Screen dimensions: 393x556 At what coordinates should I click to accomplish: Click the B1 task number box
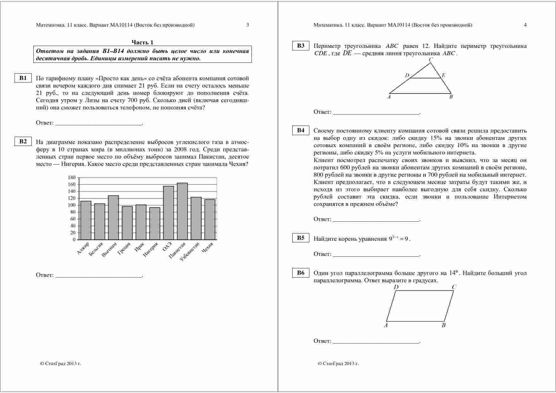23,78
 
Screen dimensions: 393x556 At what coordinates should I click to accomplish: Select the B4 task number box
301,130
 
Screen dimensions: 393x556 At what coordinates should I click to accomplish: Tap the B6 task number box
301,273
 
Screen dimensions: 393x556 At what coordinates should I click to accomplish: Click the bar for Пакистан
182,211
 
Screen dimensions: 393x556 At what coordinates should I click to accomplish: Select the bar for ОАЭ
168,213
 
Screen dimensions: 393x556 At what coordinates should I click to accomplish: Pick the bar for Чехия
210,219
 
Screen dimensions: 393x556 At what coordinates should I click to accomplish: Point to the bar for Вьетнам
113,218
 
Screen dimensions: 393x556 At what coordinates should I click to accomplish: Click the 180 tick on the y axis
72,178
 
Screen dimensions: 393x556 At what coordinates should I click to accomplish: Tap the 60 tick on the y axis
73,219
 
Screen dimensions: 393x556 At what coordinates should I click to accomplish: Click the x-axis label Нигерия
151,250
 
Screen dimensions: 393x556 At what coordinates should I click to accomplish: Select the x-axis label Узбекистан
190,252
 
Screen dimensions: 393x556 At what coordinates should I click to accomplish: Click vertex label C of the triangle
431,59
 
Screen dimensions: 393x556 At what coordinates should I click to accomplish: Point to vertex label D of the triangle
407,75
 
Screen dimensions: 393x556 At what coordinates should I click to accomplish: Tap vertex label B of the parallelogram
443,325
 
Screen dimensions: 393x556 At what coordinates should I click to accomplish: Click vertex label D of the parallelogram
396,287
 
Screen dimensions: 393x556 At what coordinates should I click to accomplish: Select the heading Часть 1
142,43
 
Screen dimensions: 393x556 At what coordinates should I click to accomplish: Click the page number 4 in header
525,25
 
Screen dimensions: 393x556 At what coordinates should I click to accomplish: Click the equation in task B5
399,239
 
